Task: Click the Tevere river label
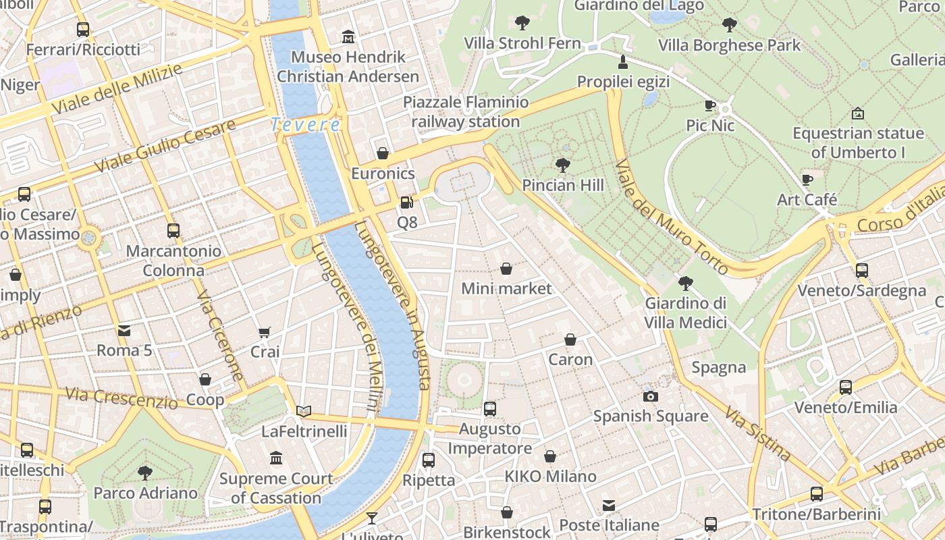pos(305,125)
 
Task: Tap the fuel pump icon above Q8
pos(406,202)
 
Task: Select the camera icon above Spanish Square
pos(651,396)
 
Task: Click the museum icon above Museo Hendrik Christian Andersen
pos(348,36)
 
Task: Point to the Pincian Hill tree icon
pos(562,165)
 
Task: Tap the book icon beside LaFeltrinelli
pos(304,411)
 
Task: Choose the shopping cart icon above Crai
pos(265,332)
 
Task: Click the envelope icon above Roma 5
pos(124,330)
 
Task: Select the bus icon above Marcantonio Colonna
pos(173,230)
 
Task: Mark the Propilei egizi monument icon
pos(623,62)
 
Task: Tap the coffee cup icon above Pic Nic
pos(709,105)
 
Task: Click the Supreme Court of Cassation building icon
pos(276,458)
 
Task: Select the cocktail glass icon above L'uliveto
pos(371,518)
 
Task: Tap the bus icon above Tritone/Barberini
pos(816,493)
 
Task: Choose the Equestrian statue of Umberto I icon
pos(858,113)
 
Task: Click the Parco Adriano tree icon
pos(144,473)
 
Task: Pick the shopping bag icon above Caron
pos(570,340)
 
